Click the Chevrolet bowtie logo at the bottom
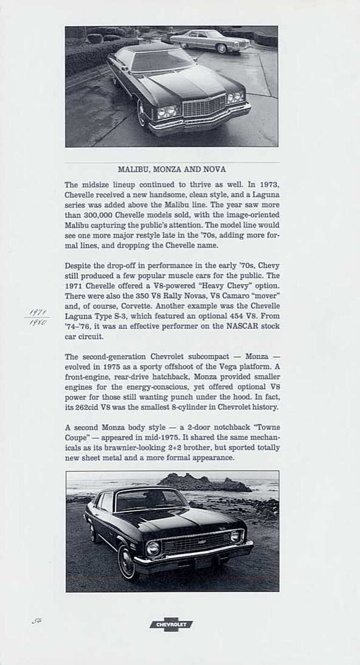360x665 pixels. [171, 624]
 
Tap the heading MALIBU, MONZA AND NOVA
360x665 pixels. [172, 169]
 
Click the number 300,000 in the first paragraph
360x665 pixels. [98, 215]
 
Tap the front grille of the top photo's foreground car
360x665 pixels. [204, 107]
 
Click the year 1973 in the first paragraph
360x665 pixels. [269, 185]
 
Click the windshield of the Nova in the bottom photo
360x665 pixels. [150, 501]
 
